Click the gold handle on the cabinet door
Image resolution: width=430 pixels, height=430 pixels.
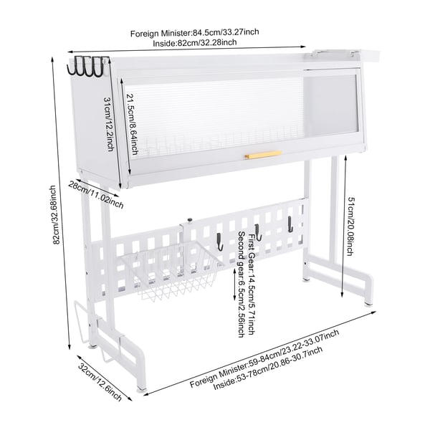click(x=263, y=154)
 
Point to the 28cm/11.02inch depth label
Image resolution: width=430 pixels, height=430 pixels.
click(x=96, y=195)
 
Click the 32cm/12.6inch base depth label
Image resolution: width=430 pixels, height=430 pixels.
click(x=100, y=382)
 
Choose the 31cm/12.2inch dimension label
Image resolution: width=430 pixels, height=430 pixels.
click(x=109, y=124)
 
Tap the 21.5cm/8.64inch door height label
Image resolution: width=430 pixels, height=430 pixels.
click(x=132, y=124)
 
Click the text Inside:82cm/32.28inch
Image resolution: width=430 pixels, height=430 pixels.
click(x=194, y=42)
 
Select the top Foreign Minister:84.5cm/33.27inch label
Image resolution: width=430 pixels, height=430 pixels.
click(x=194, y=32)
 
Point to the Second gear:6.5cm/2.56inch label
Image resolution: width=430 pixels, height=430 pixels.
click(x=242, y=285)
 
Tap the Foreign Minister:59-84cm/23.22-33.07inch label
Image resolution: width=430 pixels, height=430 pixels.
click(x=264, y=358)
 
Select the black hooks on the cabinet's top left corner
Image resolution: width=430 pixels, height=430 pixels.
click(x=85, y=66)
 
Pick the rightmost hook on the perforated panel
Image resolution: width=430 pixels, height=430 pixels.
click(x=290, y=224)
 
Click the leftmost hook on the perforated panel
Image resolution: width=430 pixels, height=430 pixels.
click(x=220, y=242)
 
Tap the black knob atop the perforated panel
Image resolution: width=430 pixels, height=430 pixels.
click(x=189, y=220)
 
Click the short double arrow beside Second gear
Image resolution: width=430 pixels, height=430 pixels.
click(x=234, y=285)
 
